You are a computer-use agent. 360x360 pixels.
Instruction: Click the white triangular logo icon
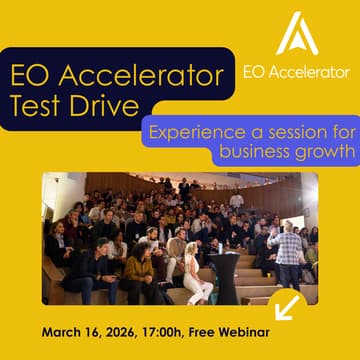click(x=297, y=34)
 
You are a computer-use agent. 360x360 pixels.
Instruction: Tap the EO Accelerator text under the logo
click(x=297, y=72)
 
